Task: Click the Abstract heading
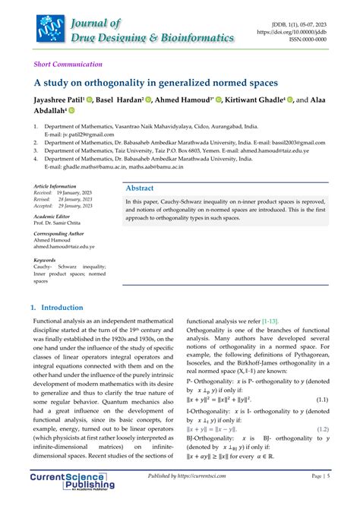(139, 188)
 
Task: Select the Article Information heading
(55, 186)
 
